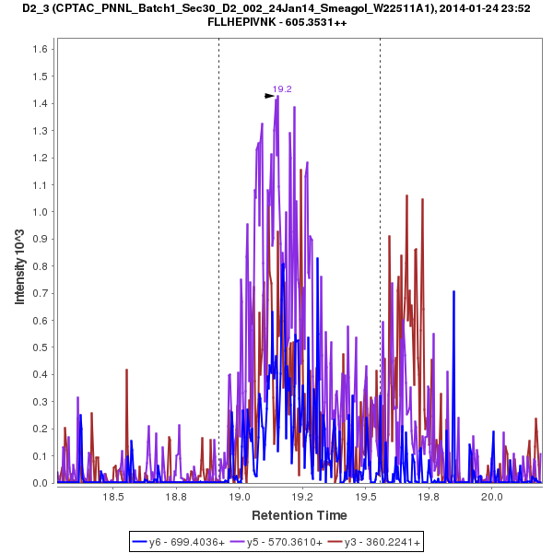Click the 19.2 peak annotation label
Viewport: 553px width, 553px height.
pos(282,89)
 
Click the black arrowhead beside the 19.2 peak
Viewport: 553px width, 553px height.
pos(269,95)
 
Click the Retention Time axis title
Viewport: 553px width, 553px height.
pos(300,514)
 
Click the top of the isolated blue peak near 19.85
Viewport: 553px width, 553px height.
pos(453,291)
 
